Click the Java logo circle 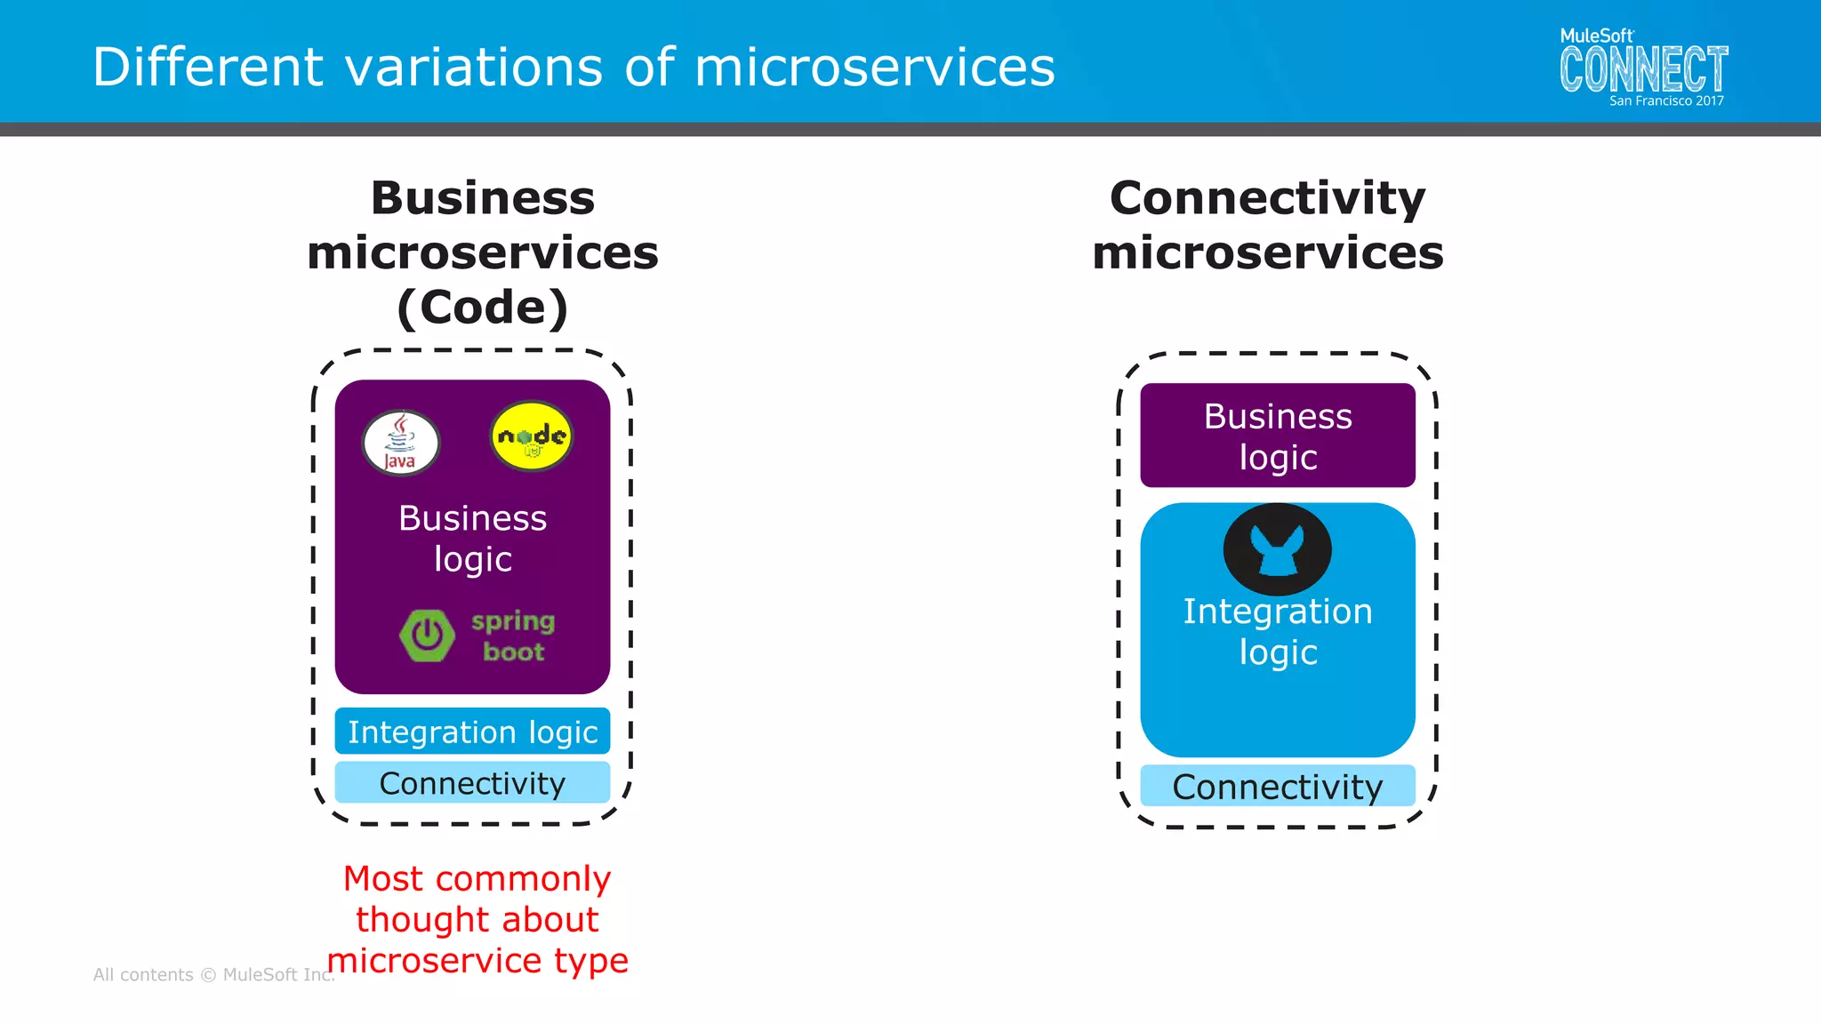[x=401, y=443]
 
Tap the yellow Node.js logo [x=532, y=436]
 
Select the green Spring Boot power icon [x=428, y=636]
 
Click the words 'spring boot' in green [x=513, y=636]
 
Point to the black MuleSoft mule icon [x=1277, y=549]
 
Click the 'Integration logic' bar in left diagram [x=472, y=732]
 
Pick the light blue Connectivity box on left [x=472, y=783]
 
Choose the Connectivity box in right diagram [x=1277, y=787]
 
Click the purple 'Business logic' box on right [x=1277, y=436]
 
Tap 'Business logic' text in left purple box [x=472, y=538]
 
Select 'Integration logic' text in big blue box [x=1277, y=631]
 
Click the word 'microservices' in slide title [x=874, y=68]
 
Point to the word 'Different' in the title [x=208, y=68]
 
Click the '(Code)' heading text [x=482, y=308]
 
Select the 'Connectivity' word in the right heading [x=1267, y=197]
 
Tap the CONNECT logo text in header [x=1643, y=69]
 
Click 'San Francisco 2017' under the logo [x=1665, y=101]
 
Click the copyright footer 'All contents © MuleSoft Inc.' [x=213, y=975]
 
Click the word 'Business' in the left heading [x=482, y=197]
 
